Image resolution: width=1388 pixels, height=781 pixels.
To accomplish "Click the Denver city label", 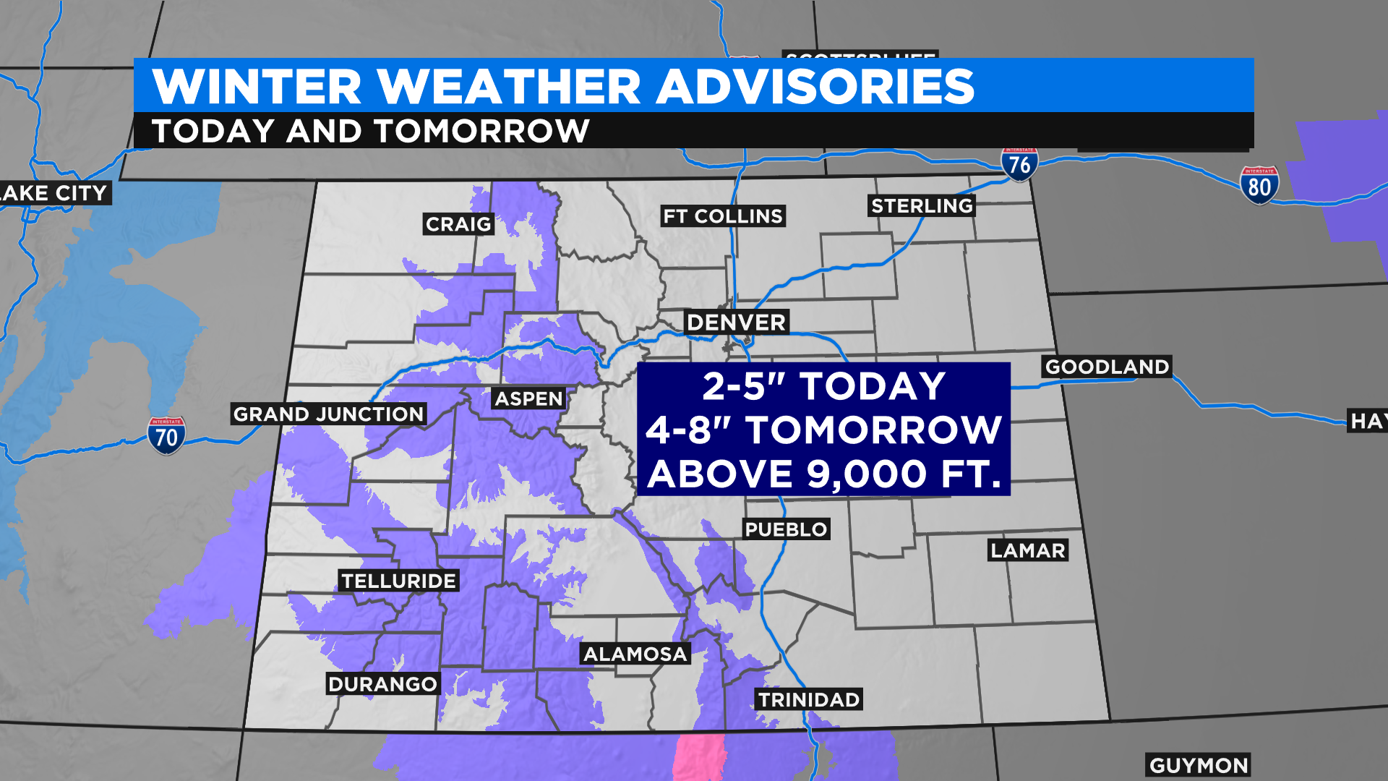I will [x=736, y=323].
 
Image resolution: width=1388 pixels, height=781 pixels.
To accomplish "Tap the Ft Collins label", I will [x=723, y=216].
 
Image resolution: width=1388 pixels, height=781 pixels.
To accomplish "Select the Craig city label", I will [x=458, y=224].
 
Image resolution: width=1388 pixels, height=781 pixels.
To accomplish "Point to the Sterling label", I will [x=922, y=206].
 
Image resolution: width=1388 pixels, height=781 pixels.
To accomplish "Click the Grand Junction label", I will [x=328, y=414].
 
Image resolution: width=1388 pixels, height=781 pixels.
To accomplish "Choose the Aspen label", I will [x=528, y=399].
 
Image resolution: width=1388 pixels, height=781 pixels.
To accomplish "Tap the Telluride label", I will [x=398, y=581].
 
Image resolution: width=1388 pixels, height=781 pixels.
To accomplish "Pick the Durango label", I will [x=382, y=684].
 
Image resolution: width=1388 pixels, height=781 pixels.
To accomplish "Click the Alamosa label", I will [x=635, y=654].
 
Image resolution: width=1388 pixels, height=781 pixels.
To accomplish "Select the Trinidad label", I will [x=808, y=700].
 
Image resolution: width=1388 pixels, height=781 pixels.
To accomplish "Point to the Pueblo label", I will [x=786, y=529].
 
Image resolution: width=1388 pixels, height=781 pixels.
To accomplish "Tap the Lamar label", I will [x=1027, y=551].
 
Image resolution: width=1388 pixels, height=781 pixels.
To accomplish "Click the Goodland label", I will [x=1107, y=367].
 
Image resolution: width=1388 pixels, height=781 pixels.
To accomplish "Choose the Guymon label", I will [x=1198, y=766].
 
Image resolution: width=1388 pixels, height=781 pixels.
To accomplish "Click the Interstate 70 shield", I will [x=166, y=436].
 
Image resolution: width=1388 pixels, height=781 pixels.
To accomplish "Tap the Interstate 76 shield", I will [x=1019, y=164].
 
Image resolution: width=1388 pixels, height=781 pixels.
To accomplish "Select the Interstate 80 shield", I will [x=1259, y=186].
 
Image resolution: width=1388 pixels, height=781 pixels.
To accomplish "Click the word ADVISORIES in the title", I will [x=815, y=87].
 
